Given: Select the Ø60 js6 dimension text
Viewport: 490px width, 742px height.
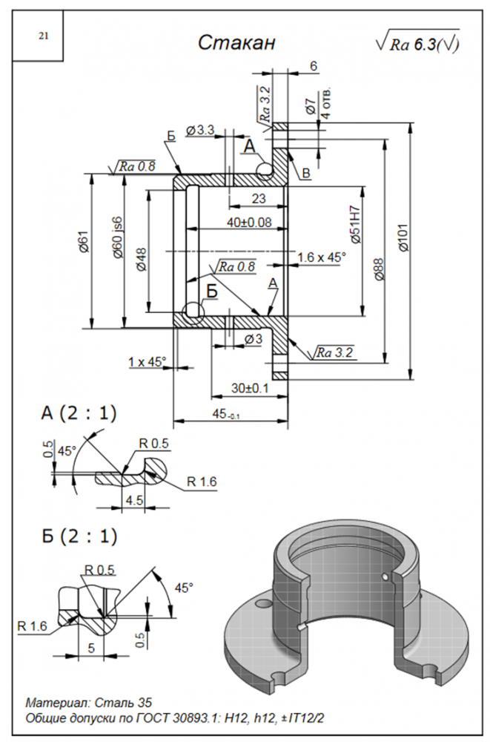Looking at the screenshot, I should [116, 239].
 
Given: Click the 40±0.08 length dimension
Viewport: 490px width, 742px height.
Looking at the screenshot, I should [248, 222].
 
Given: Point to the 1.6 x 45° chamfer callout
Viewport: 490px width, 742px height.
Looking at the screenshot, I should [321, 257].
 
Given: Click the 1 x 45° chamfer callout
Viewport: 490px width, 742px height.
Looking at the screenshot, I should [147, 361].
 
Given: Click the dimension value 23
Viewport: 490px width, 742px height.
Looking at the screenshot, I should [258, 198].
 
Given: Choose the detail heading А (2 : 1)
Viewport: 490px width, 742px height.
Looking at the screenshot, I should [79, 413].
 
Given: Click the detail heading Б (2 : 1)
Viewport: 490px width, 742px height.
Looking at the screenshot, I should [79, 534].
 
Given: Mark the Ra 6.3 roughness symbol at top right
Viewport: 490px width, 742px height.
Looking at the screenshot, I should [417, 44].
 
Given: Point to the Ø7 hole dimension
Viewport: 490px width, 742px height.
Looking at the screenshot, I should [310, 107].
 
